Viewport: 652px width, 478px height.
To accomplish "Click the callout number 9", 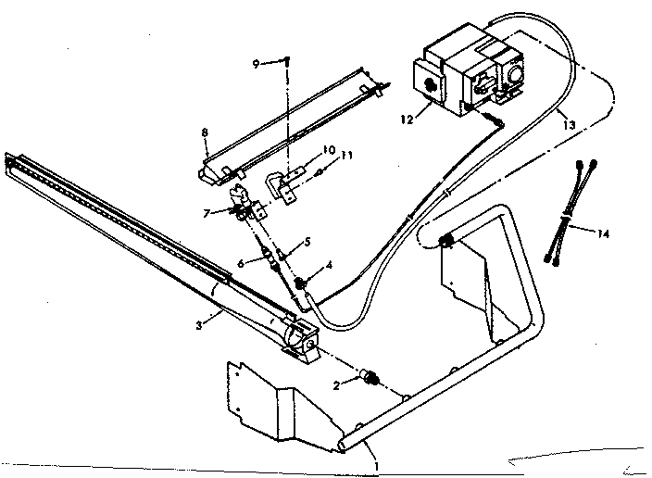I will [257, 63].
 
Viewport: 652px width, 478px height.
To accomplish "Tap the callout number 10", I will [328, 150].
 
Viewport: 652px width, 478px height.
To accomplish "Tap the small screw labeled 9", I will [287, 63].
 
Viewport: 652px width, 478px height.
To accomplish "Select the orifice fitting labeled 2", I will [372, 378].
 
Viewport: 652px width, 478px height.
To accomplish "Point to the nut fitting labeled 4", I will [302, 281].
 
